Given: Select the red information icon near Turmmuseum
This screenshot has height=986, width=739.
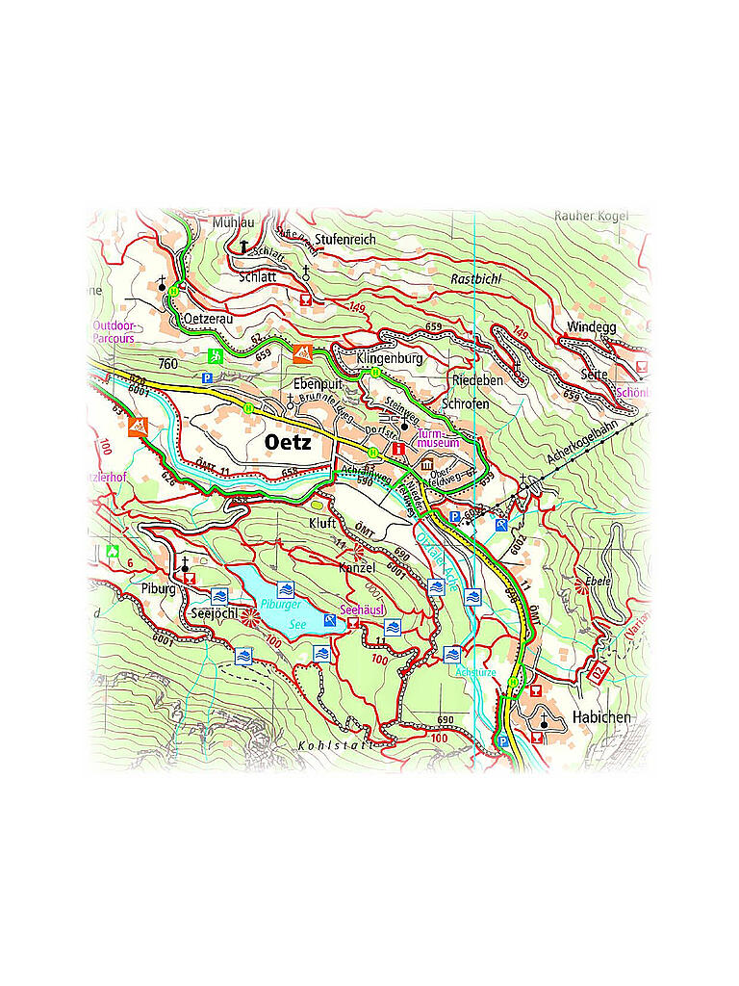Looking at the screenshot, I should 397,449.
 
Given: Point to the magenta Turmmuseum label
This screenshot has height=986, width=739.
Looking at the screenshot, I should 437,438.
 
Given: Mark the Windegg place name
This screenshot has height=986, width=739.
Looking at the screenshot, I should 591,327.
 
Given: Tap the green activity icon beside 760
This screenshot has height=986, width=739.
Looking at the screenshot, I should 217,355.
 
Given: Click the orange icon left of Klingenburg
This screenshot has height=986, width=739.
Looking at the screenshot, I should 303,353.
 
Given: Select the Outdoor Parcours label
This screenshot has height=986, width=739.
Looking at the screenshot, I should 114,332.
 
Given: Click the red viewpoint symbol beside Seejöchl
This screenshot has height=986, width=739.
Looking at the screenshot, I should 250,617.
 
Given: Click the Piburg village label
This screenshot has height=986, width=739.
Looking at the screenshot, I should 160,589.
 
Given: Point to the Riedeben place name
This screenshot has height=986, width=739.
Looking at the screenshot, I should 477,381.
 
